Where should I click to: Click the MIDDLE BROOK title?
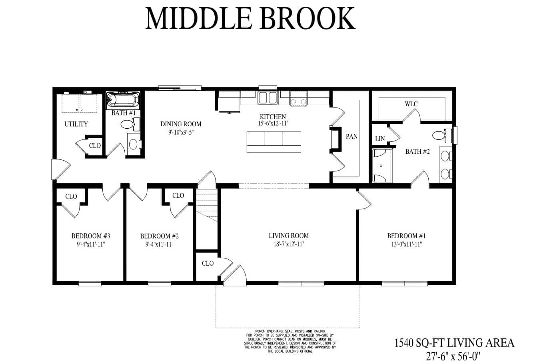pyautogui.click(x=250, y=18)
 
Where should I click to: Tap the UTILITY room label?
pyautogui.click(x=76, y=124)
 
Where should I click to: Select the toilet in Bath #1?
pyautogui.click(x=130, y=124)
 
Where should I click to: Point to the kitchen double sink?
pyautogui.click(x=268, y=97)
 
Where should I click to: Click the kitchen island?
pyautogui.click(x=274, y=141)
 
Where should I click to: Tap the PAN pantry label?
pyautogui.click(x=351, y=137)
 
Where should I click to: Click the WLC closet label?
pyautogui.click(x=411, y=104)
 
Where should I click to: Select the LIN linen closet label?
pyautogui.click(x=380, y=139)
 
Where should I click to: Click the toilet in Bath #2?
pyautogui.click(x=442, y=135)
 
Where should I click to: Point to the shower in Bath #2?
pyautogui.click(x=382, y=166)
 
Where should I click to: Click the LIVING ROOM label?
pyautogui.click(x=289, y=236)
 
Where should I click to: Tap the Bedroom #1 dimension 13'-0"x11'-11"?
pyautogui.click(x=406, y=244)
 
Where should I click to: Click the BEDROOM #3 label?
pyautogui.click(x=91, y=236)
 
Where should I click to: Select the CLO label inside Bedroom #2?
pyautogui.click(x=178, y=195)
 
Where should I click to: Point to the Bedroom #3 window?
pyautogui.click(x=90, y=284)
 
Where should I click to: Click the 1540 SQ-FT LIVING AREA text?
pyautogui.click(x=454, y=343)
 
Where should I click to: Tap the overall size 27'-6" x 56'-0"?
pyautogui.click(x=453, y=356)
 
